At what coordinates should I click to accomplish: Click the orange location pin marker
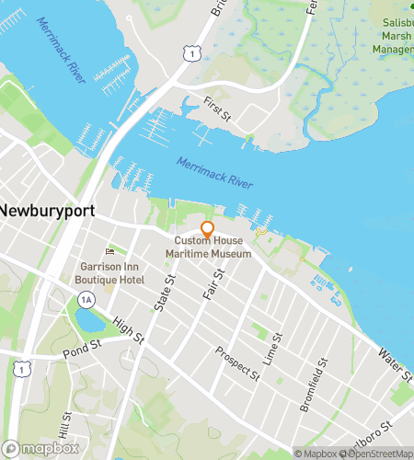point(207,229)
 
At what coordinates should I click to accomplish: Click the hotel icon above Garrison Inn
point(110,251)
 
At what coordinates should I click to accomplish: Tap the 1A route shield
point(86,299)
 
